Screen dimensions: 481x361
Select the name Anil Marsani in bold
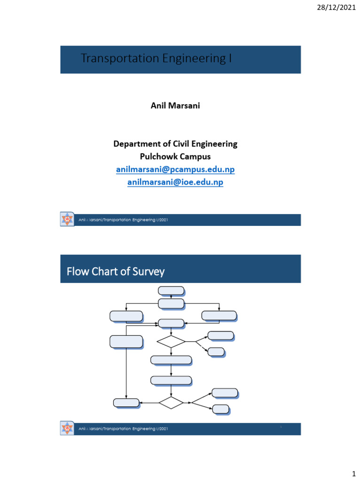pyautogui.click(x=175, y=106)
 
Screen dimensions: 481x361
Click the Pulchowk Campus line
pyautogui.click(x=175, y=156)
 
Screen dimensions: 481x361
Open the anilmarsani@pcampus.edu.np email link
pyautogui.click(x=175, y=169)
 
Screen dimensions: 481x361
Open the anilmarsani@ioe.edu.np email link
pyautogui.click(x=175, y=182)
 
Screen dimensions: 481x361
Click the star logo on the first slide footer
pyautogui.click(x=68, y=219)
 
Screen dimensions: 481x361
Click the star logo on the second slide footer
pyautogui.click(x=68, y=428)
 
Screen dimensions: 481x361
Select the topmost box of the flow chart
pyautogui.click(x=171, y=291)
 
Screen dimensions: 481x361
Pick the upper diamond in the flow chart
pyautogui.click(x=171, y=341)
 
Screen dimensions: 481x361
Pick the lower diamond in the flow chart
pyautogui.click(x=171, y=403)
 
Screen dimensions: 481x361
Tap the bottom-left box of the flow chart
pyautogui.click(x=126, y=403)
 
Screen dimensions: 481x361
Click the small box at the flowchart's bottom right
pyautogui.click(x=220, y=409)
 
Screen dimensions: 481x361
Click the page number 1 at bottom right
pyautogui.click(x=353, y=470)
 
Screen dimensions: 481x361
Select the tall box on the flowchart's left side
pyautogui.click(x=126, y=341)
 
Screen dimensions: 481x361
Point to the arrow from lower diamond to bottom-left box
pyautogui.click(x=149, y=403)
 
